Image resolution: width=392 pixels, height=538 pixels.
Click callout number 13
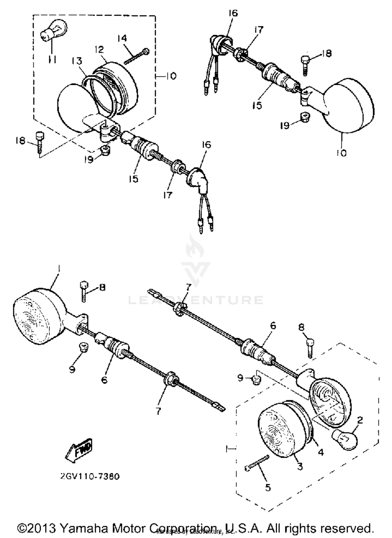77,61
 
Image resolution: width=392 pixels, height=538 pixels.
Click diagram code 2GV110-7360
90,477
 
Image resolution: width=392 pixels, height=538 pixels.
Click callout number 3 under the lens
300,466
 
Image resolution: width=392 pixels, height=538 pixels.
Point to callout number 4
321,452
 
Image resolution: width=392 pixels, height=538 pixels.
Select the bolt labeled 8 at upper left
84,291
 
